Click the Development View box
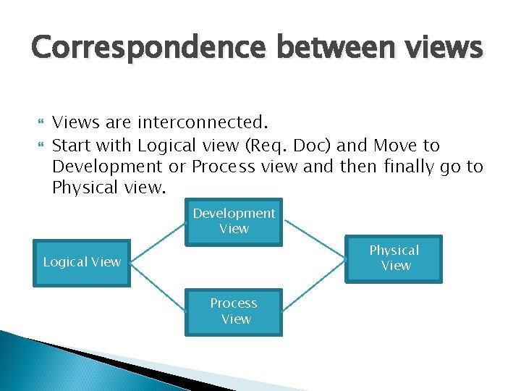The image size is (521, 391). click(234, 222)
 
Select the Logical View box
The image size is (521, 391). click(82, 262)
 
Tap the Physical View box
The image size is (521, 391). click(394, 258)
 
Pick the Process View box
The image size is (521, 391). click(234, 311)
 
